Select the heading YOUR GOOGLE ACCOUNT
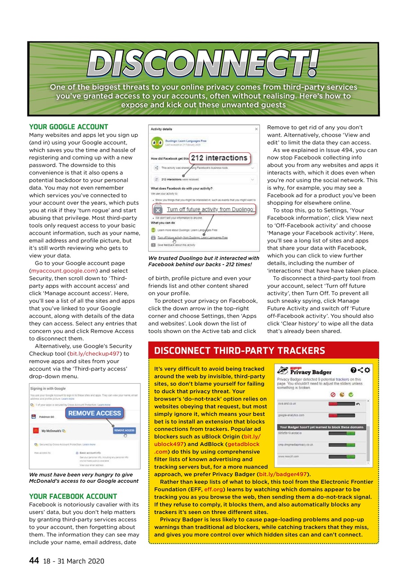69,127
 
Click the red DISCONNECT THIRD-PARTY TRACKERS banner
239,351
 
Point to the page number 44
34,560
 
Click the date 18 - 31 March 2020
74,561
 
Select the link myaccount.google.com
63,270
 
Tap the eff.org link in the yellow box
212,489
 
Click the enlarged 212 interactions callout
219,158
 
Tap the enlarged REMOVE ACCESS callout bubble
94,413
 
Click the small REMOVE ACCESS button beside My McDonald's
124,430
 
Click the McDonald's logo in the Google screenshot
35,430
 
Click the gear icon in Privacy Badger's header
367,370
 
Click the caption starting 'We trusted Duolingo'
203,261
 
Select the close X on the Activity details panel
257,129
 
